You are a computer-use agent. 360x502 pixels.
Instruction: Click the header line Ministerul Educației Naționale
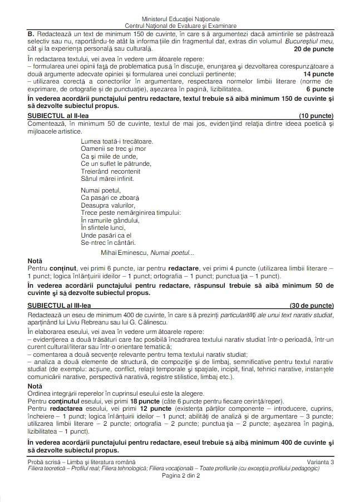[x=180, y=19]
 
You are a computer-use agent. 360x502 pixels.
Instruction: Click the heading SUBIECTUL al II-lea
[x=58, y=116]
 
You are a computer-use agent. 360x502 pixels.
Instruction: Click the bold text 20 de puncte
[x=314, y=49]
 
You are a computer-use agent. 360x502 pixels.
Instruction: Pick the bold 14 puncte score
[x=318, y=73]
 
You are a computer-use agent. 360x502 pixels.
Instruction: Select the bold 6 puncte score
[x=320, y=88]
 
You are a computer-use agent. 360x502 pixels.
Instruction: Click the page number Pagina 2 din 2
[x=180, y=476]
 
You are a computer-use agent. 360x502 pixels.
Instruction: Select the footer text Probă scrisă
[x=46, y=462]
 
